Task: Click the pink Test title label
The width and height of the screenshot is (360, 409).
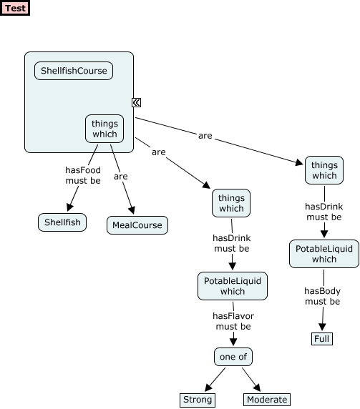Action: pos(16,9)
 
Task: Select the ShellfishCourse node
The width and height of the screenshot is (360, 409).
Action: pos(74,71)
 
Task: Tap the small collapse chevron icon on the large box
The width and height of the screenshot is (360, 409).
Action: pos(136,103)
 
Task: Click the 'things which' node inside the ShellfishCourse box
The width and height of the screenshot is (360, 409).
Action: pos(104,129)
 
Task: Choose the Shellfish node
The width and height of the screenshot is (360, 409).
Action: pos(62,222)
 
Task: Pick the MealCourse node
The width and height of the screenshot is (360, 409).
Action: pos(137,225)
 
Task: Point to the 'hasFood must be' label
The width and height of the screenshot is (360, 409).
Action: pos(83,175)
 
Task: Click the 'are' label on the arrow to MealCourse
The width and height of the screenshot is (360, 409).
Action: pos(121,176)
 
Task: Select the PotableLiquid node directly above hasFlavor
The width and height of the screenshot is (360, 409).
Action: pos(233,286)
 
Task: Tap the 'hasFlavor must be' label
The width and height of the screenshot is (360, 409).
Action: pos(233,321)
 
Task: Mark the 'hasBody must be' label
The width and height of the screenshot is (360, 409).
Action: pos(322,296)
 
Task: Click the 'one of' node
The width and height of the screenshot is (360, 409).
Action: pos(233,356)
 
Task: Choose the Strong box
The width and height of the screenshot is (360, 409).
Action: pos(198,400)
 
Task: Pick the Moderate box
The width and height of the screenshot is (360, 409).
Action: pos(267,400)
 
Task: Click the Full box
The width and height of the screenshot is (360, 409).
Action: pos(321,338)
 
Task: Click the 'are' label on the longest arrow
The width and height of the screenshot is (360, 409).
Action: pos(205,135)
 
